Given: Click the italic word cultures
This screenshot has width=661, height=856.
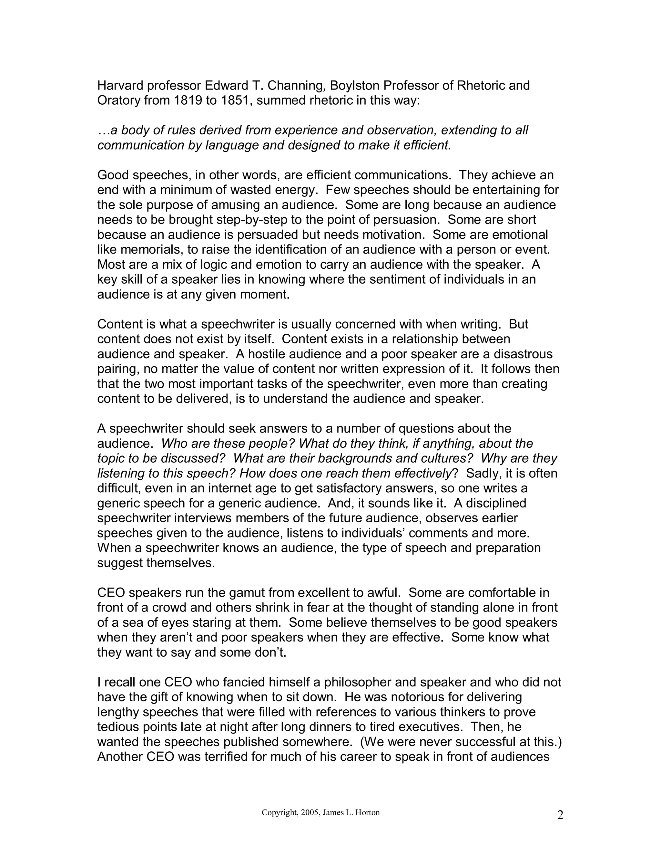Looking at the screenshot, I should point(445,458).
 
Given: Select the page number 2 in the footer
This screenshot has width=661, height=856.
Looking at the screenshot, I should point(560,815).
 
